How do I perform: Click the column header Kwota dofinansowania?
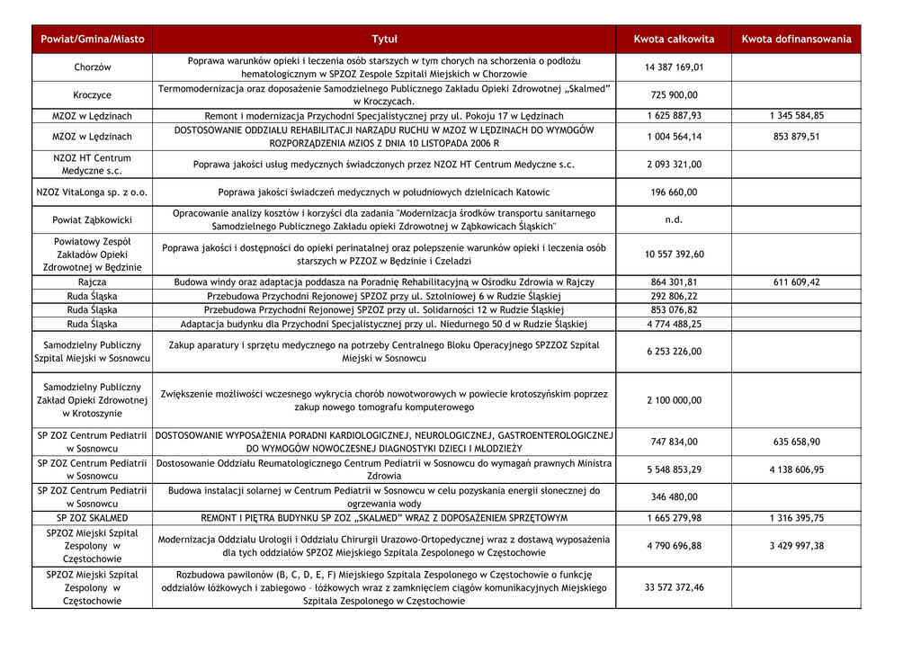click(x=796, y=40)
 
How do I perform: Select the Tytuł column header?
click(x=384, y=40)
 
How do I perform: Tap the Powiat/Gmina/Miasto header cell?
click(x=93, y=40)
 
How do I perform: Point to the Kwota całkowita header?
click(x=674, y=40)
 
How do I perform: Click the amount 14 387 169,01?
click(x=674, y=67)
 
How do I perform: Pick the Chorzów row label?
click(x=93, y=67)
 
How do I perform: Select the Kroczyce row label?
click(x=93, y=95)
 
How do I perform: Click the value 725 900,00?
click(x=674, y=95)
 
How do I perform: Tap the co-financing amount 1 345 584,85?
click(x=796, y=116)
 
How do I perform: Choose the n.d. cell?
click(x=674, y=219)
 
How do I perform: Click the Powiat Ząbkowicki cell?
click(x=93, y=219)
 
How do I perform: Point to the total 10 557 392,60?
click(x=674, y=255)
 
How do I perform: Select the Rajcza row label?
click(x=93, y=282)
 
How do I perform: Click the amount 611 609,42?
click(x=796, y=282)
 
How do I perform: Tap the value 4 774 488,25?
click(x=674, y=325)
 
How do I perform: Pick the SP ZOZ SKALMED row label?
click(x=93, y=518)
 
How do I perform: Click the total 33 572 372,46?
click(x=674, y=588)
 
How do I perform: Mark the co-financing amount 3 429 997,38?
click(x=796, y=546)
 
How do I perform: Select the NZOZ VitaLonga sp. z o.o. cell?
click(x=93, y=192)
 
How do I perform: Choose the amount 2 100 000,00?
click(x=674, y=400)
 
